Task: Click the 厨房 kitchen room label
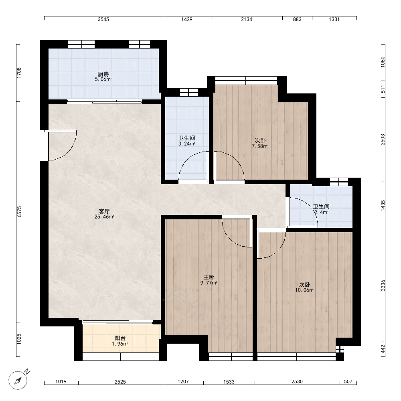103,74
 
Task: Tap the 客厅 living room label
104,211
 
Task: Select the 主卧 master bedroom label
209,277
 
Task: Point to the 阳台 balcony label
120,338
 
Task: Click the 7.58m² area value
260,146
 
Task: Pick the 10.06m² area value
305,290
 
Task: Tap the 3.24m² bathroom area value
187,144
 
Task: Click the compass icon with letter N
18,379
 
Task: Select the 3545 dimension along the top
103,19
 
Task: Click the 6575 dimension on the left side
19,212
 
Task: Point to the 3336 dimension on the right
383,286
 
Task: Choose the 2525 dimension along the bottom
120,382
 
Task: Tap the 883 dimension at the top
297,19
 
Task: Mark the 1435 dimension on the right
383,206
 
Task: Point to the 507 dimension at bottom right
348,382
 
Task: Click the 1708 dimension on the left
19,73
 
